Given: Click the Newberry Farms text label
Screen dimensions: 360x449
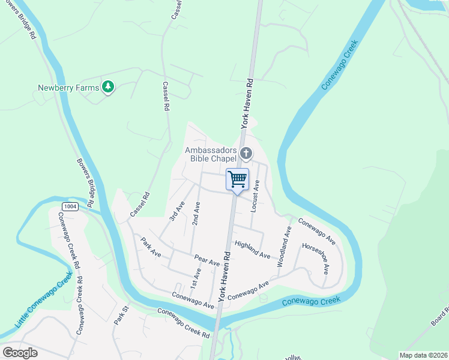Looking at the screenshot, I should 68,88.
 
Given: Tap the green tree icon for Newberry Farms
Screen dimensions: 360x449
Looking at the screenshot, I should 108,88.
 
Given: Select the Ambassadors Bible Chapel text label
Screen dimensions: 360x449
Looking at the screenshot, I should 211,154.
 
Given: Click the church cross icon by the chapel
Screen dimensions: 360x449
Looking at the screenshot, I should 246,154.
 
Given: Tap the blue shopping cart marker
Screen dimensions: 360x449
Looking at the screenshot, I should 238,179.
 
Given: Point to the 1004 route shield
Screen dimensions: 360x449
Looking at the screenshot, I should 70,206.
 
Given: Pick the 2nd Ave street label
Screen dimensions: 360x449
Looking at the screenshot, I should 196,213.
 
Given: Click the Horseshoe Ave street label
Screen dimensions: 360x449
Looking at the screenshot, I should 315,259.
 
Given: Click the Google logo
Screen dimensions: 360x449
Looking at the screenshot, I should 20,353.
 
